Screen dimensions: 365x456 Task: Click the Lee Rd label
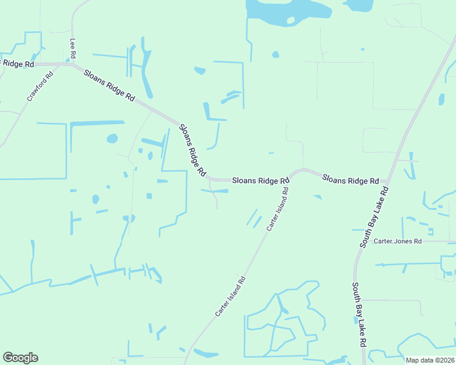73,49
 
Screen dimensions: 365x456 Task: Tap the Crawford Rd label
40,86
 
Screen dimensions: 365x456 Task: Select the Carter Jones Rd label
397,242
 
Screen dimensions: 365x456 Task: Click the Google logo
20,358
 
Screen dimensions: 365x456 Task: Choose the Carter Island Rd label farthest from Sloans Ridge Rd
230,296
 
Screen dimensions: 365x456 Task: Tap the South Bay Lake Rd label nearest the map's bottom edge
358,314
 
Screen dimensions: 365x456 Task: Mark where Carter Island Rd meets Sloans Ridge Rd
290,179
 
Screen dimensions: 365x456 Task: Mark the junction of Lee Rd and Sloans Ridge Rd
73,64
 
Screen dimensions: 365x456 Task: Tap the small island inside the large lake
290,20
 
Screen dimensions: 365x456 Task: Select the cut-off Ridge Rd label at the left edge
17,63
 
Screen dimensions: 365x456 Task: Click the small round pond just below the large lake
276,55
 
